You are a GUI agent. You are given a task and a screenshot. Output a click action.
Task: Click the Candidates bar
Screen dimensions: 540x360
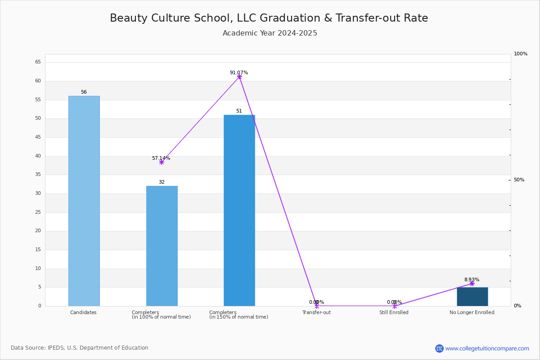[84, 201]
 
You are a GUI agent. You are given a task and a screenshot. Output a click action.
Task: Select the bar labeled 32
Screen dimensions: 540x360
[162, 246]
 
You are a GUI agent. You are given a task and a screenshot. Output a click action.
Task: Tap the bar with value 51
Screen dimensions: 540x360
[239, 211]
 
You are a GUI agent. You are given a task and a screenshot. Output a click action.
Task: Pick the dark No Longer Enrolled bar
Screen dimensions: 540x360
[472, 297]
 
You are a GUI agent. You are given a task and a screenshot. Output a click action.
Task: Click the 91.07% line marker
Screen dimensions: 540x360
[239, 76]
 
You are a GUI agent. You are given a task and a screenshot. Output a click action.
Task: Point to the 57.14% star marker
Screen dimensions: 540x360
[162, 162]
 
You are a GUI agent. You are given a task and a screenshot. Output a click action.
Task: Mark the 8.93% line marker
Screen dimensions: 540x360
[472, 283]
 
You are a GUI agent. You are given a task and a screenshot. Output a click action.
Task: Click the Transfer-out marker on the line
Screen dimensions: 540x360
[317, 306]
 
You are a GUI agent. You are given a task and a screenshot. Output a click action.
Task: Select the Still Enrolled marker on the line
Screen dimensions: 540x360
[395, 306]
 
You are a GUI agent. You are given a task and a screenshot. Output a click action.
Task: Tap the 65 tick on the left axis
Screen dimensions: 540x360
[38, 62]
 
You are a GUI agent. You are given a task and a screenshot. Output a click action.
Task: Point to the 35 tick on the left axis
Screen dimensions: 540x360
[38, 174]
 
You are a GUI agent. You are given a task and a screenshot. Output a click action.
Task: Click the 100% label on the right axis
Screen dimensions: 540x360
[521, 54]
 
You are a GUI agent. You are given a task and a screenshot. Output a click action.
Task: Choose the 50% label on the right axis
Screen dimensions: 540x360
[519, 180]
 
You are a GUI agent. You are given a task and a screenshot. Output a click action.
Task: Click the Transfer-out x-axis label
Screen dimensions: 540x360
[316, 312]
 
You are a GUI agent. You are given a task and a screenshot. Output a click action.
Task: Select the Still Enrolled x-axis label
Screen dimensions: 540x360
[394, 312]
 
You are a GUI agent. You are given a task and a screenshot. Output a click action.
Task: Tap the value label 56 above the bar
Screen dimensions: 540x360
[84, 92]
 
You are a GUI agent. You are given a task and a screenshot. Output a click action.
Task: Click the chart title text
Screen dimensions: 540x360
[269, 18]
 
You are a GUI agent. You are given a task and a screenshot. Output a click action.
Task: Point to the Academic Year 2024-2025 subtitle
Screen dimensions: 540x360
[270, 33]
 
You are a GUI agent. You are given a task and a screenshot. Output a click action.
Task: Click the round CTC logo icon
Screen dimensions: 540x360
[439, 348]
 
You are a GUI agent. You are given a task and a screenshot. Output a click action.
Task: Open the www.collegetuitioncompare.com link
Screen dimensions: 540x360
[487, 349]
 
